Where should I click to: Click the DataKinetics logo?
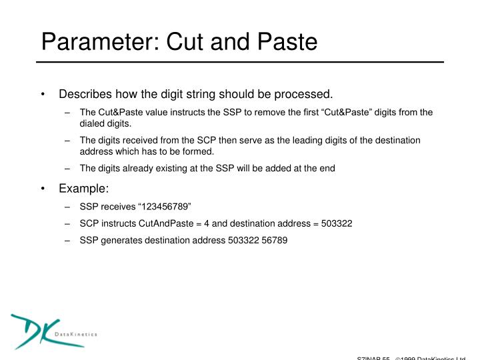coord(53,331)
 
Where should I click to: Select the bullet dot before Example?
coord(43,189)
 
